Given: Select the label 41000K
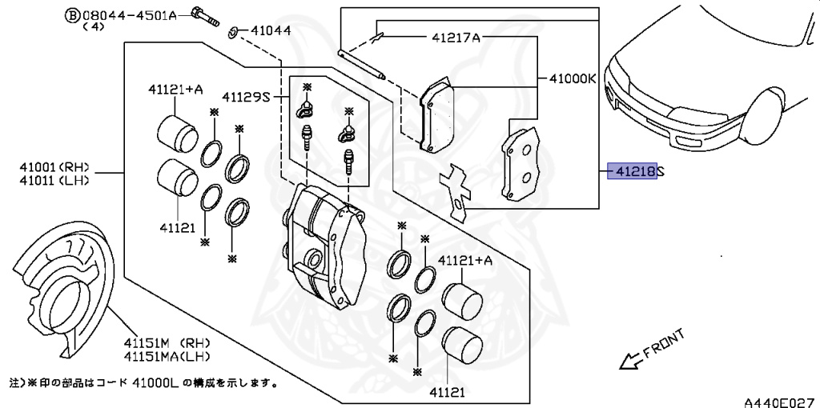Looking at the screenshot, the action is click(573, 79).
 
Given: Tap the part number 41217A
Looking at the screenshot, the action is click(456, 37).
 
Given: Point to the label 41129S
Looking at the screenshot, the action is click(246, 97).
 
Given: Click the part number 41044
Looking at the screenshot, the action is click(271, 31).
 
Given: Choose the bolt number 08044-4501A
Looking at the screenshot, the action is click(129, 16).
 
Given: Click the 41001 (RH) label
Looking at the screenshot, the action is click(54, 168).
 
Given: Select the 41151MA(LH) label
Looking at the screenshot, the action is click(167, 356).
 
